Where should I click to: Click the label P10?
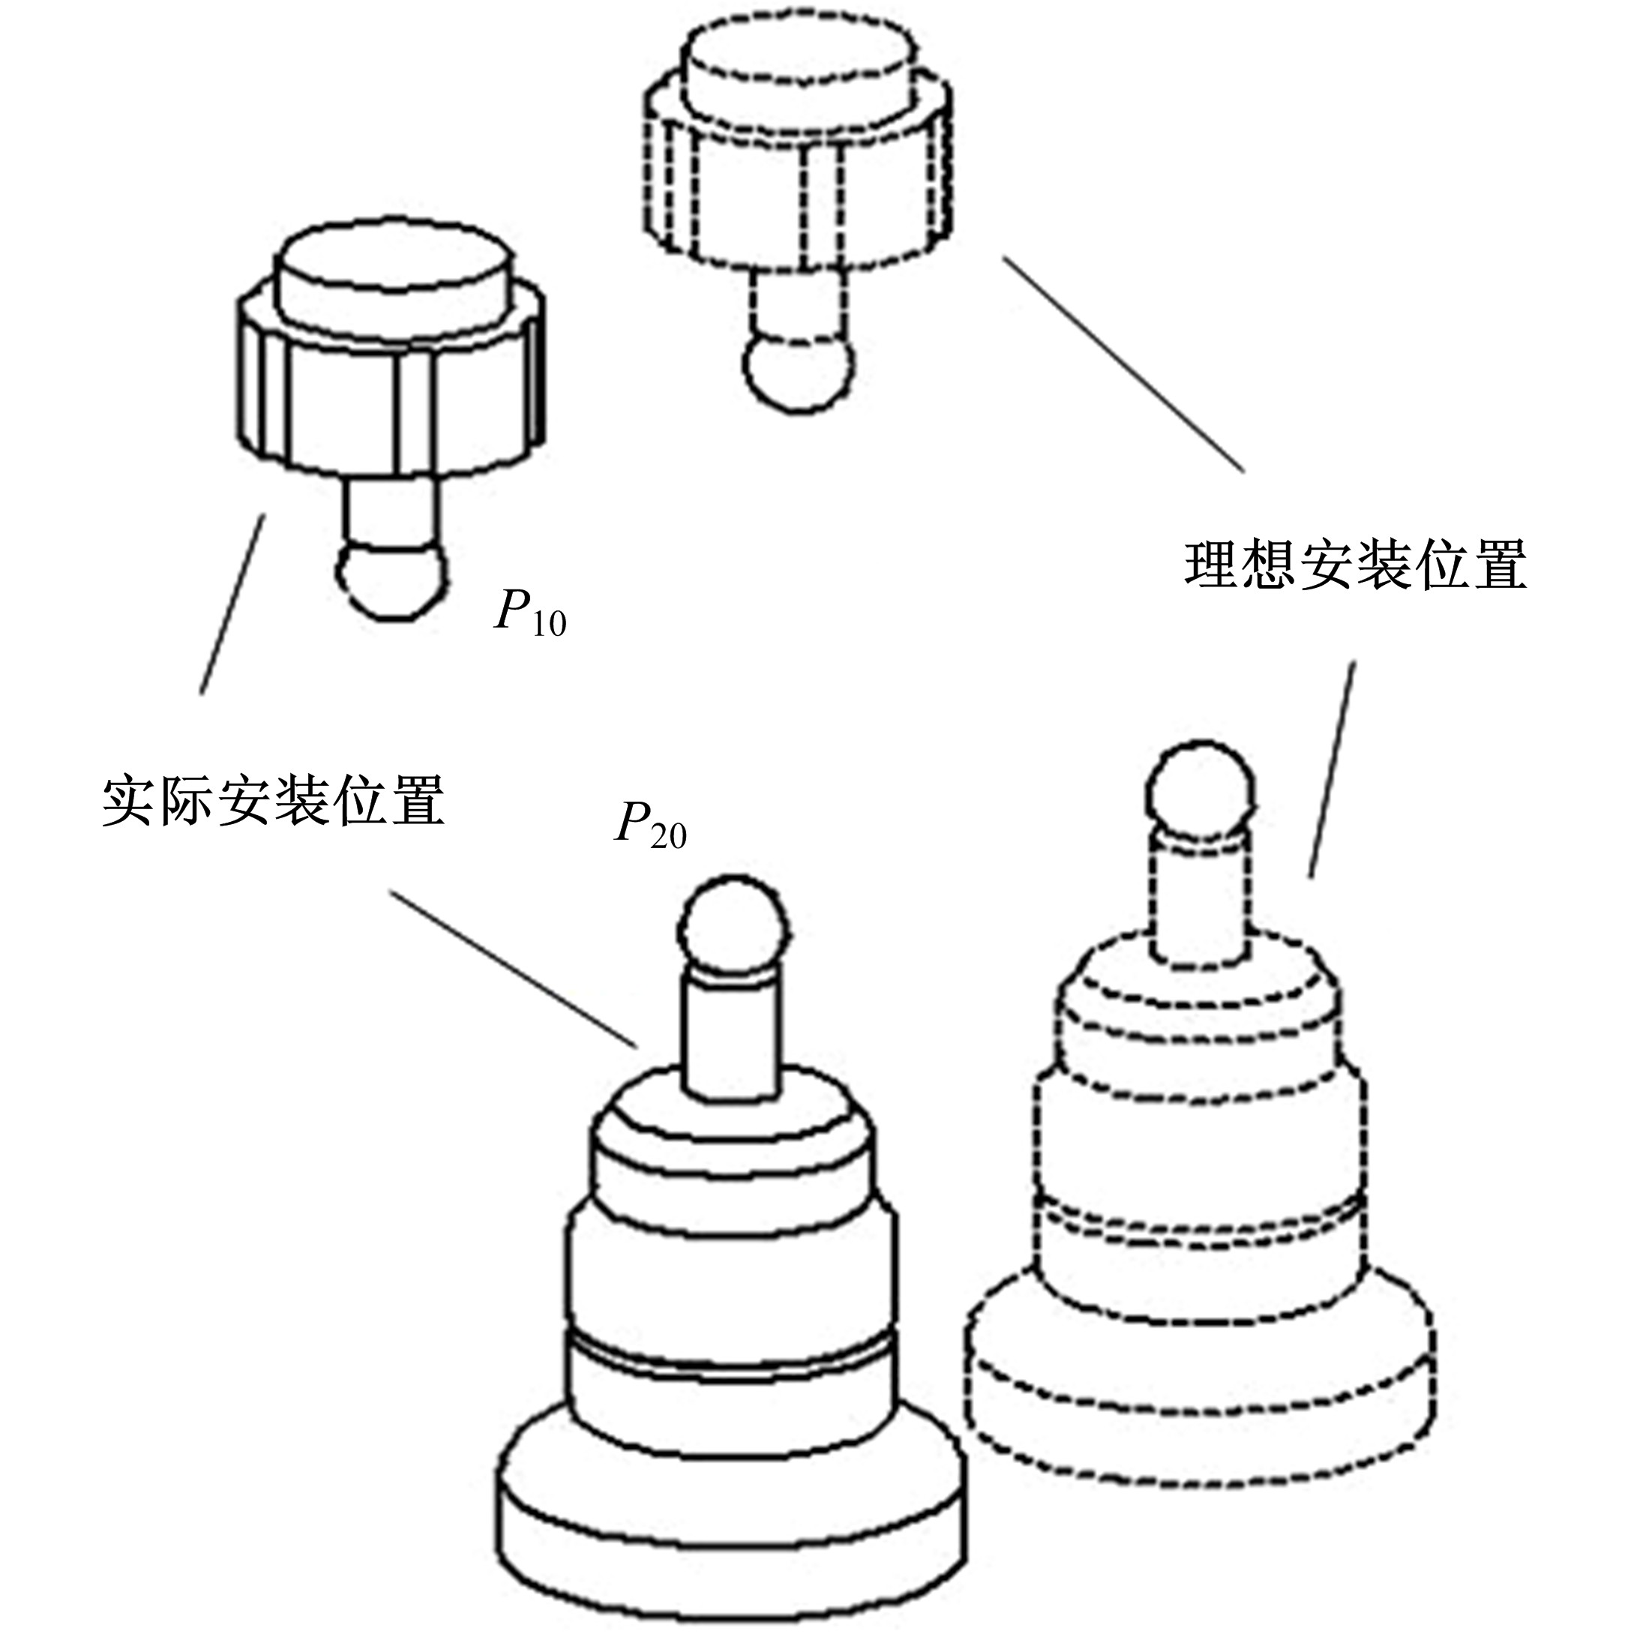pyautogui.click(x=529, y=612)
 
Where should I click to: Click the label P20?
pyautogui.click(x=650, y=824)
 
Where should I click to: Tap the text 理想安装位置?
pyautogui.click(x=1355, y=562)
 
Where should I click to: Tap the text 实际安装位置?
pyautogui.click(x=273, y=799)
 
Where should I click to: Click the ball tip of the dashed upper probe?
pyautogui.click(x=798, y=372)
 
